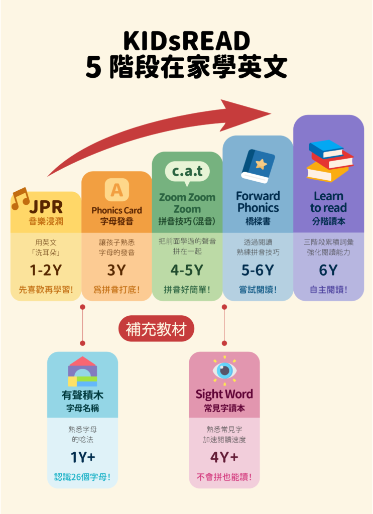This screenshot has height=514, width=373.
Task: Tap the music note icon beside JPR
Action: pos(20,198)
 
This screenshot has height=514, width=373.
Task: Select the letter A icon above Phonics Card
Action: pos(116,190)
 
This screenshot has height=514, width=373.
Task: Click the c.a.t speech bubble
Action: pos(187,172)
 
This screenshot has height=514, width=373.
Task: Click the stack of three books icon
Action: pos(329,161)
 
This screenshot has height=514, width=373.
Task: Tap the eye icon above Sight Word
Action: pos(224,371)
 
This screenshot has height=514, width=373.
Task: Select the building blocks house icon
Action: pos(82,372)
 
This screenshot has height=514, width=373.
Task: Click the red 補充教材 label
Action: pos(156,329)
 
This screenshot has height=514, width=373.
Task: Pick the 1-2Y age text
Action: pos(46,270)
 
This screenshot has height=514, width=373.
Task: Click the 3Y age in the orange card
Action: pos(116,270)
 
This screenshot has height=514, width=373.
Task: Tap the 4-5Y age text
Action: pos(187,270)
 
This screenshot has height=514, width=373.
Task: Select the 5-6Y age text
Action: pos(258,270)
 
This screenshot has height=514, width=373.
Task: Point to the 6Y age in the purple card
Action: pos(328,270)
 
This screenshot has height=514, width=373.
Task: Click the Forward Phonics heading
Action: pos(258,201)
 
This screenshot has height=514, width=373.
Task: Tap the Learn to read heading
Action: pos(328,201)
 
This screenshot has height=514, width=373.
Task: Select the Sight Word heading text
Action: pos(224,394)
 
